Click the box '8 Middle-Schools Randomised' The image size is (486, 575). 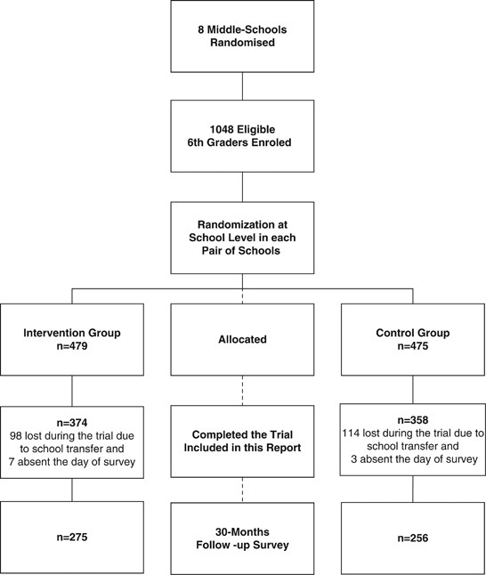click(x=242, y=36)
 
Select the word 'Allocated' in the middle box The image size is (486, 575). click(x=242, y=338)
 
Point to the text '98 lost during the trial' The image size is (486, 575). click(x=72, y=435)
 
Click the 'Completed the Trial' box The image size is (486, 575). click(x=242, y=441)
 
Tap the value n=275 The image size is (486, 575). click(x=72, y=537)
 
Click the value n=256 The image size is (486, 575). click(x=412, y=537)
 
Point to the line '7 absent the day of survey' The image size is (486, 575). click(x=72, y=462)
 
